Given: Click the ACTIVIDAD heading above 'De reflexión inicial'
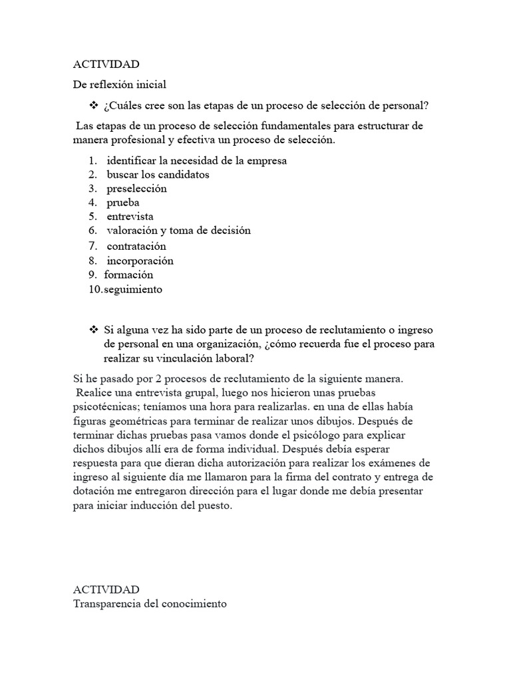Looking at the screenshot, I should [x=106, y=65].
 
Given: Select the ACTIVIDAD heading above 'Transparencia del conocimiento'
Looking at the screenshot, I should [x=106, y=590].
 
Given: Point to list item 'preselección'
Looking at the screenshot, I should [x=136, y=188].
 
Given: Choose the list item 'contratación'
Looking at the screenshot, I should [x=136, y=246].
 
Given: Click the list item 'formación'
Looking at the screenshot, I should [x=128, y=275].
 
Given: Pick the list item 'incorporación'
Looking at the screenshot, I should [x=140, y=261].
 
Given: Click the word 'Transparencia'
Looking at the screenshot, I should [x=106, y=604].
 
